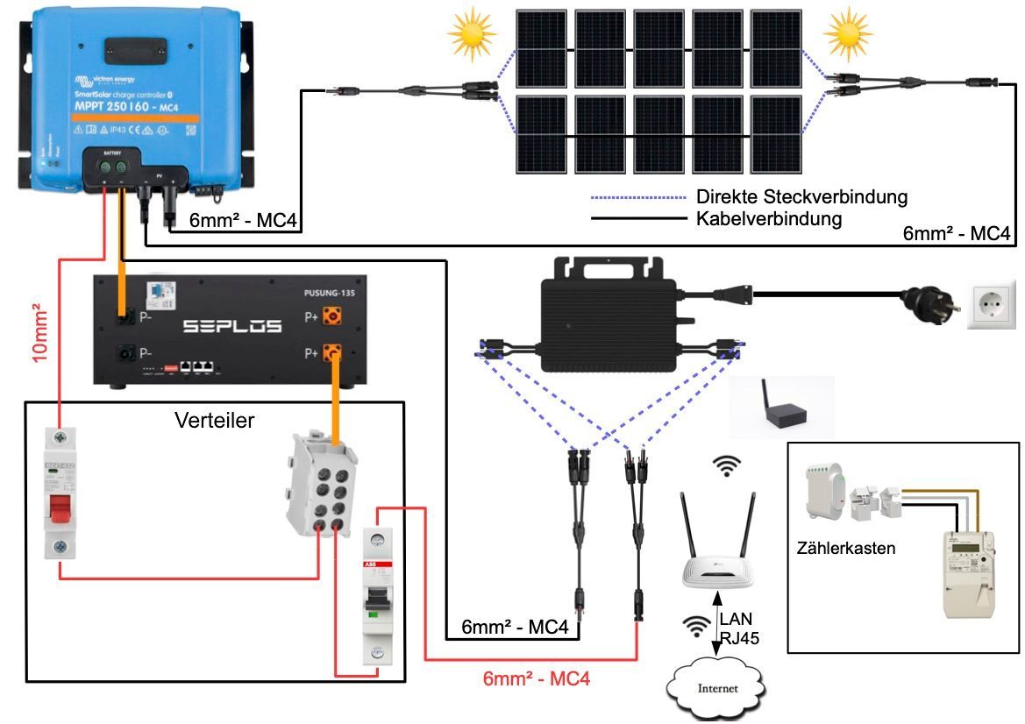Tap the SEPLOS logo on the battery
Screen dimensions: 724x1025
[232, 326]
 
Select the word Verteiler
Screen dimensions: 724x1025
[215, 421]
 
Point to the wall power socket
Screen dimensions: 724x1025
[991, 305]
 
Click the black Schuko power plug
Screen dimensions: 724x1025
[920, 304]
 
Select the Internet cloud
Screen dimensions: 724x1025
[715, 687]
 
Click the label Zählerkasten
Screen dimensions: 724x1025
[846, 549]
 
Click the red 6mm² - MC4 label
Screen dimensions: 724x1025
[537, 678]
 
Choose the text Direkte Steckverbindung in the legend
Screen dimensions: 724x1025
[801, 196]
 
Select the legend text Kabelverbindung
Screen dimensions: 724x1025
[769, 218]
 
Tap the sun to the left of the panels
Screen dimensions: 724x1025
[473, 33]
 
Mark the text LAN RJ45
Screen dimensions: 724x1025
[736, 628]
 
